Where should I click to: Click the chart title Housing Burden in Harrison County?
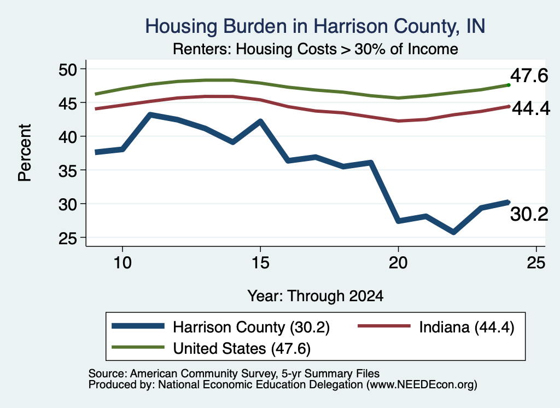(315, 26)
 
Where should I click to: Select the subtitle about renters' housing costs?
(316, 49)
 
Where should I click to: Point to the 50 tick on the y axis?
(68, 69)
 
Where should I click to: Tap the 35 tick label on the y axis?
(68, 170)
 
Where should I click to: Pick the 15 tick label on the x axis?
(260, 263)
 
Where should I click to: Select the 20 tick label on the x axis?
(398, 263)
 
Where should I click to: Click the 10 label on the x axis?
(122, 263)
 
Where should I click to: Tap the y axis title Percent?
(25, 153)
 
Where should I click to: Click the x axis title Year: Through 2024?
(316, 296)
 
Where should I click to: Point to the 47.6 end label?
(529, 76)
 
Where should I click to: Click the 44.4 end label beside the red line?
(530, 108)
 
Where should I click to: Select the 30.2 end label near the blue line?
(529, 215)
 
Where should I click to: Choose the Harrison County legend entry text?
(251, 327)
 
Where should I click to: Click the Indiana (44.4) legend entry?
(466, 327)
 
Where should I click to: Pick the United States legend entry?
(242, 349)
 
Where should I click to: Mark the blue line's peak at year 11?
(150, 115)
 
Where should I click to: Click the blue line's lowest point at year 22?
(453, 232)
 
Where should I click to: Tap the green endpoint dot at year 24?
(509, 85)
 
